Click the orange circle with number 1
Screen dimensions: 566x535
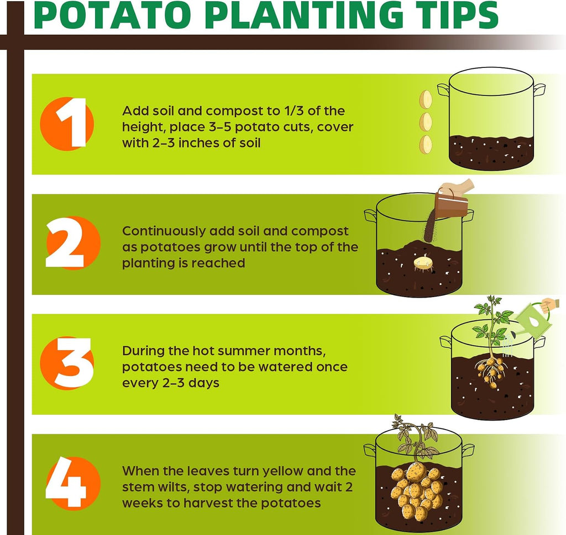(x=67, y=124)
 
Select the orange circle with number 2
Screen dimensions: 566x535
(x=74, y=243)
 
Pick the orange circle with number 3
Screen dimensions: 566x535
(x=67, y=363)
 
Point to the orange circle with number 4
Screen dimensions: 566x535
(x=74, y=483)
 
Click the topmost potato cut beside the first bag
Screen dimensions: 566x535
(x=426, y=99)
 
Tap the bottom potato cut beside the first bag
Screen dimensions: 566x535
(x=426, y=144)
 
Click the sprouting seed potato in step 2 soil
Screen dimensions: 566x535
(x=423, y=263)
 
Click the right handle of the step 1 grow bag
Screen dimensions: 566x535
(x=538, y=89)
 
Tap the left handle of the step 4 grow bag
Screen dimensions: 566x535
(x=370, y=451)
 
